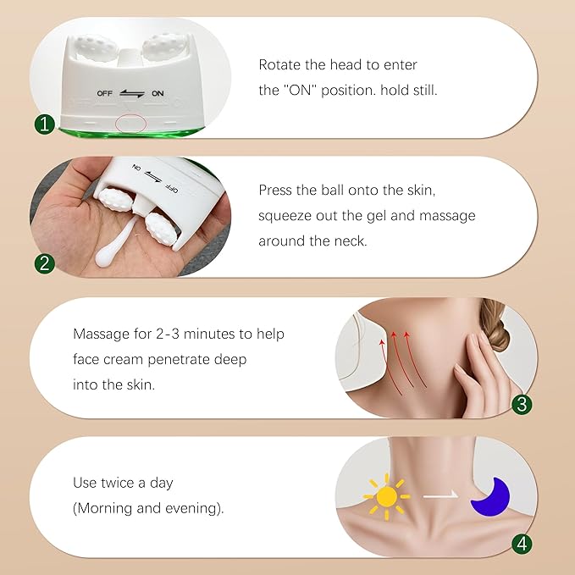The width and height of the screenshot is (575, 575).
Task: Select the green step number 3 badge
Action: click(x=522, y=403)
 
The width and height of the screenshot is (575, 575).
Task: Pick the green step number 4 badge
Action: click(x=522, y=542)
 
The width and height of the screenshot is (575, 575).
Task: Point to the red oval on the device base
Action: click(x=130, y=124)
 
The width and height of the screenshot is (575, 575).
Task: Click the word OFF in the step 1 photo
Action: click(x=103, y=93)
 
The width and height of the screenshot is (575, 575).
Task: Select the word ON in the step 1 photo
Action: click(x=158, y=93)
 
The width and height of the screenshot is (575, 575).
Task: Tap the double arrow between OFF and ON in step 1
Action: click(x=130, y=93)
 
